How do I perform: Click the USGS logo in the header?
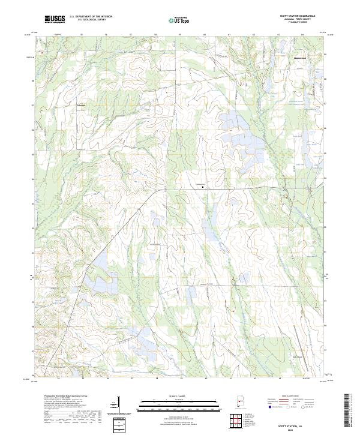54,19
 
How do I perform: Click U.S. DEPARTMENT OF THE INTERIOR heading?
91,16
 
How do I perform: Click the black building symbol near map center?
202,187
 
